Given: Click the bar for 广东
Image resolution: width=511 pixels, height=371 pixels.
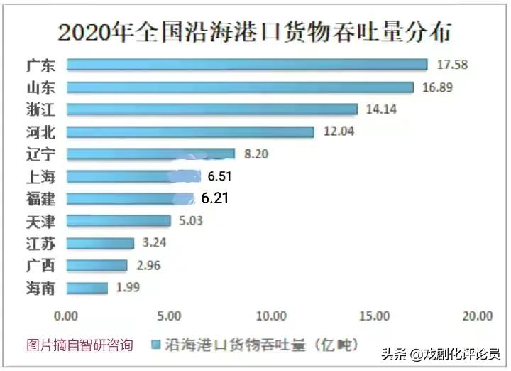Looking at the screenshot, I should click(x=247, y=65).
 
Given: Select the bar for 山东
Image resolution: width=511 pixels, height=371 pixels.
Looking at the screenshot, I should click(x=240, y=87).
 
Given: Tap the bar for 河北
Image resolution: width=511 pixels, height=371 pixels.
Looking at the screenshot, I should click(x=190, y=131).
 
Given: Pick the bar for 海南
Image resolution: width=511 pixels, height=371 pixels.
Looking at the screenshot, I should click(x=87, y=288).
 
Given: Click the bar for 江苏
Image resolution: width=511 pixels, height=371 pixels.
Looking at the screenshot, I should click(x=100, y=243).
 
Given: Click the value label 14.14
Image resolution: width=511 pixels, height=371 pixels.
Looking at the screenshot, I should click(x=381, y=109).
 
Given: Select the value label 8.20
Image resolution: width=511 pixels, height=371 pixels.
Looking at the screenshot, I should click(x=257, y=154).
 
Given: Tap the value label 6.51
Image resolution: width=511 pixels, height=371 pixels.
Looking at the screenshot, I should click(x=220, y=176).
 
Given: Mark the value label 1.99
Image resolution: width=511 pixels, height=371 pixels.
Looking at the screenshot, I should click(x=130, y=288).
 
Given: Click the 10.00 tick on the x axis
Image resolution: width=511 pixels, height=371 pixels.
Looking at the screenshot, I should click(x=271, y=316).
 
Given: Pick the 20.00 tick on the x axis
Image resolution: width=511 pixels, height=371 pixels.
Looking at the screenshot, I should click(x=476, y=316).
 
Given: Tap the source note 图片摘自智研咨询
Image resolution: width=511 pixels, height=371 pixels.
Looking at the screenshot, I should click(x=79, y=345).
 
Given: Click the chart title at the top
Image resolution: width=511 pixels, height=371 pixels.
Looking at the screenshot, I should click(x=255, y=33).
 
